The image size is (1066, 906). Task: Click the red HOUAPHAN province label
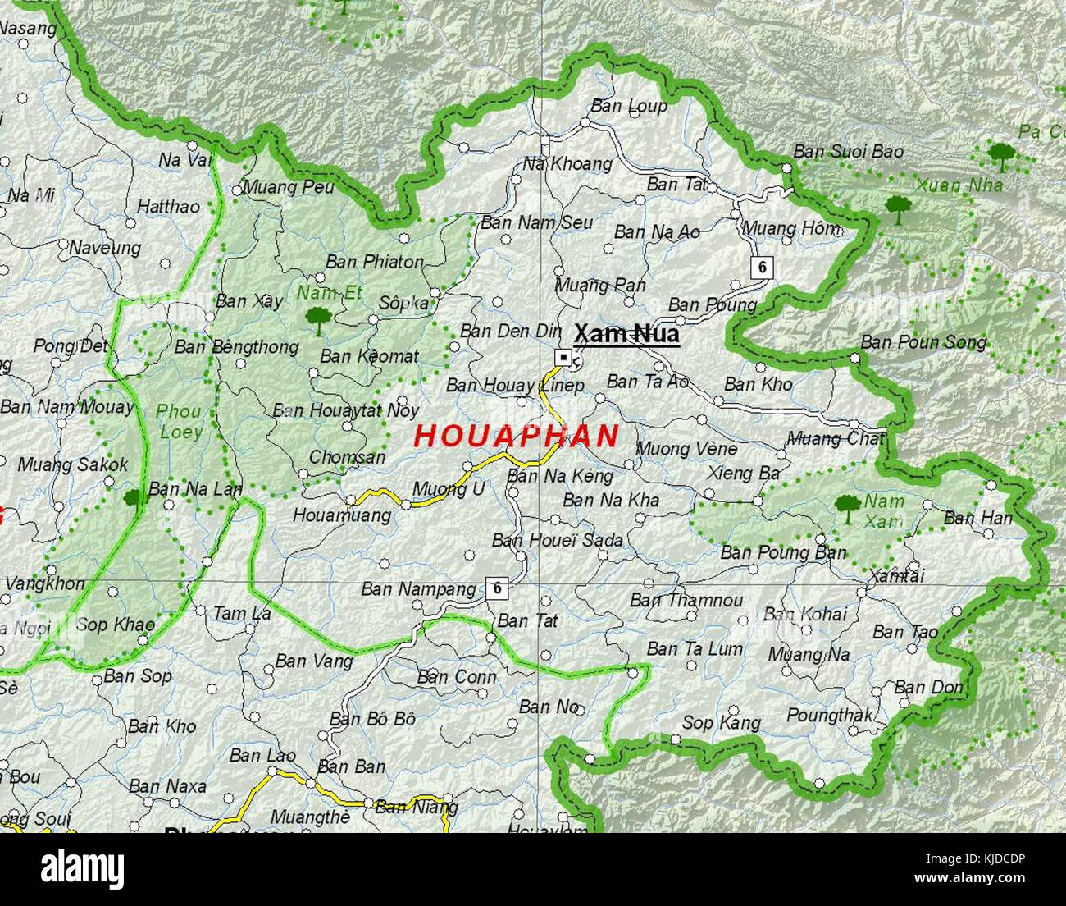(516, 436)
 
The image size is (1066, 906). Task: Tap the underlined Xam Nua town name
(626, 334)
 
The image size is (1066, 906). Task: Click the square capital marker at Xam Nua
(563, 357)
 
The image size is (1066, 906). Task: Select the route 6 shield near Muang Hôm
(763, 267)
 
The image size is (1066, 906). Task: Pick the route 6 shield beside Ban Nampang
(496, 588)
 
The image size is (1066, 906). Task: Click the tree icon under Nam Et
(317, 319)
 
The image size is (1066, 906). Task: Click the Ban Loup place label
(629, 106)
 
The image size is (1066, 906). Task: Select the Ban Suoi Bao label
(848, 152)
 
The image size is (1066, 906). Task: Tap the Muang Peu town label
(289, 187)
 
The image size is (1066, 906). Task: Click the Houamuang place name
(342, 515)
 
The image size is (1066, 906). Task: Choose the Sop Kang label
(721, 722)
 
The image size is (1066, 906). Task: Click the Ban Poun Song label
(923, 342)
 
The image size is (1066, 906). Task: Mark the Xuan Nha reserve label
(959, 185)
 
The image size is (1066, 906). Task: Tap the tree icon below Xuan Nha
(899, 208)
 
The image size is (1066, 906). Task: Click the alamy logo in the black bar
(83, 870)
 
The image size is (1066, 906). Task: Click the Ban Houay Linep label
(515, 385)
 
